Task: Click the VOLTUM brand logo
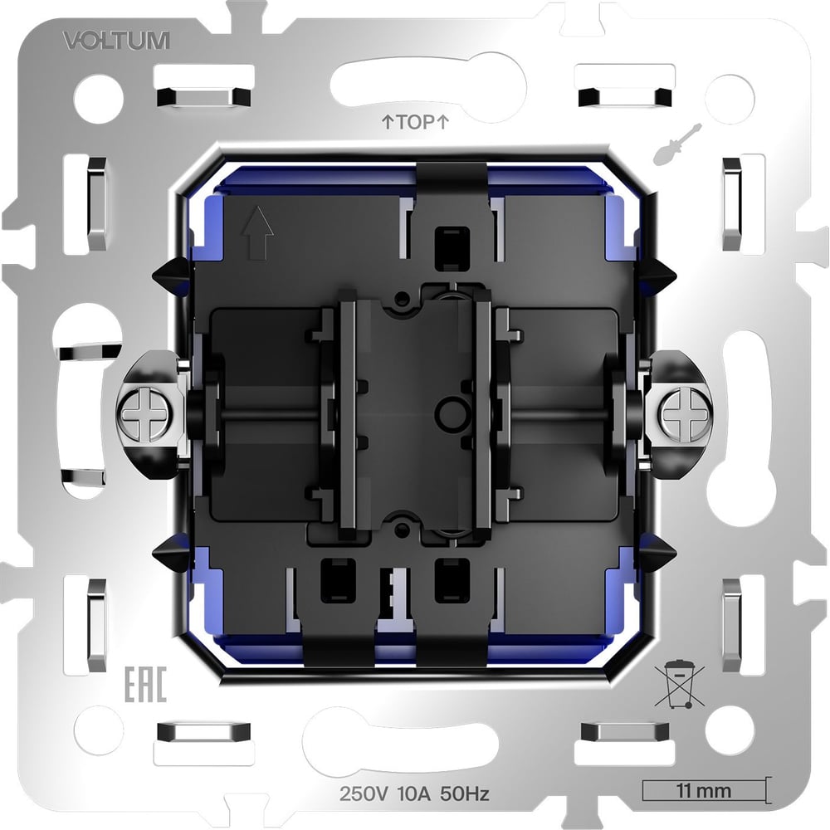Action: pos(116,41)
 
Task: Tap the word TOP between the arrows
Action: pos(416,122)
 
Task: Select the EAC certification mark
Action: pos(145,684)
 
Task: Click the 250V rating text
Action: pos(364,794)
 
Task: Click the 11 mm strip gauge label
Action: pos(704,791)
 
